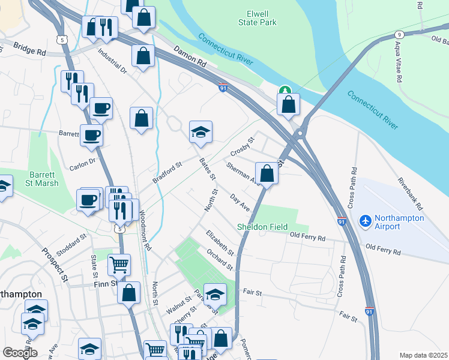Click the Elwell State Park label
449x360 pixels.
(x=262, y=18)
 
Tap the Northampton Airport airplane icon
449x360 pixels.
(x=365, y=221)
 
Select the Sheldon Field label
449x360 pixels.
(x=260, y=227)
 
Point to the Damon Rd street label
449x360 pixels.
(x=190, y=58)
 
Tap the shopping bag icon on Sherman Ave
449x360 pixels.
(x=267, y=173)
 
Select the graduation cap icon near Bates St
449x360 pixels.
(x=201, y=132)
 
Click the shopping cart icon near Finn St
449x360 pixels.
(x=119, y=264)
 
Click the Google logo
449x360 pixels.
(x=20, y=353)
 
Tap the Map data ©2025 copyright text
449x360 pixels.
(x=424, y=355)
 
